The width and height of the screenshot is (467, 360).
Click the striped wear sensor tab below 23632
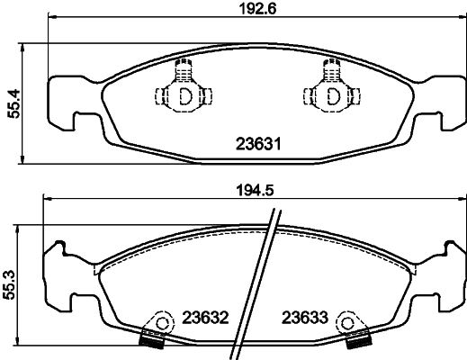150,340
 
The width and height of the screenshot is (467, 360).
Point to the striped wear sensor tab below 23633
358,340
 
